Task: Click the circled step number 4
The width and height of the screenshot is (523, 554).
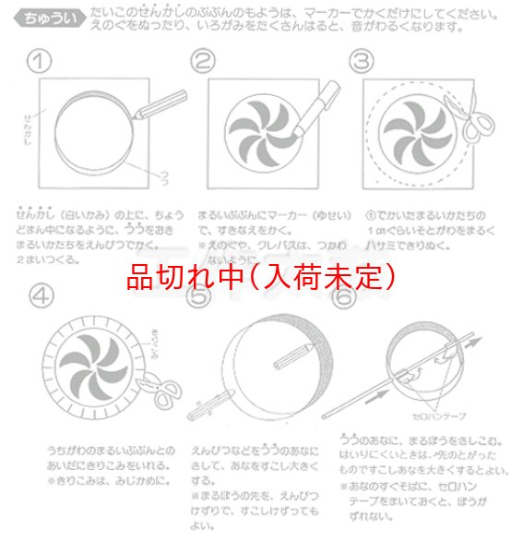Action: pos(41,297)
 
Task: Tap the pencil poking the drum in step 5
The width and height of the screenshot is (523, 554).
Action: pos(214,399)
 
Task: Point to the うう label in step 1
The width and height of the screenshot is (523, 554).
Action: pos(162,175)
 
